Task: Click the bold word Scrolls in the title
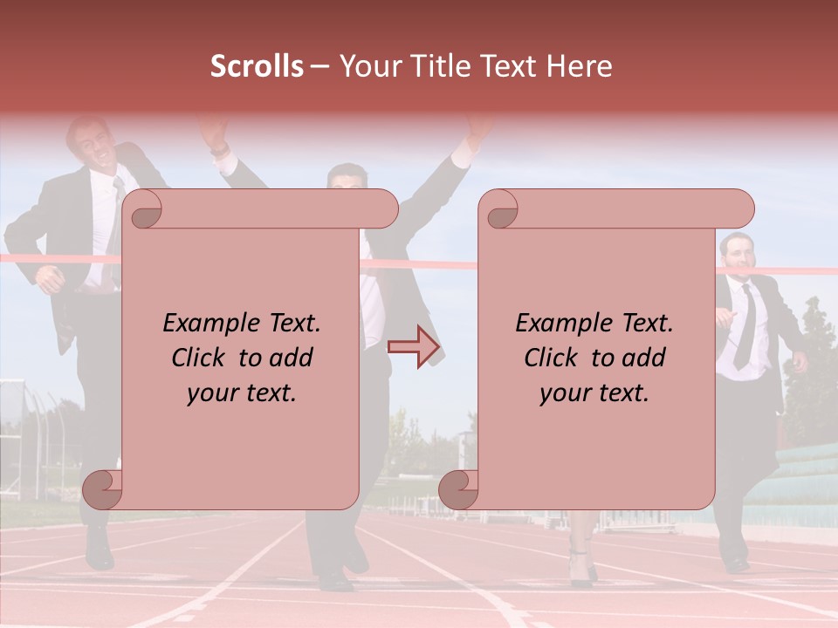coord(257,66)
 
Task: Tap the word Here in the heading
coord(580,66)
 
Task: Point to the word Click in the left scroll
coord(201,358)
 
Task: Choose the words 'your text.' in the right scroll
coord(594,392)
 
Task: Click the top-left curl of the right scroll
coord(501,210)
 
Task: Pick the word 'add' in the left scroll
coord(291,358)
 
